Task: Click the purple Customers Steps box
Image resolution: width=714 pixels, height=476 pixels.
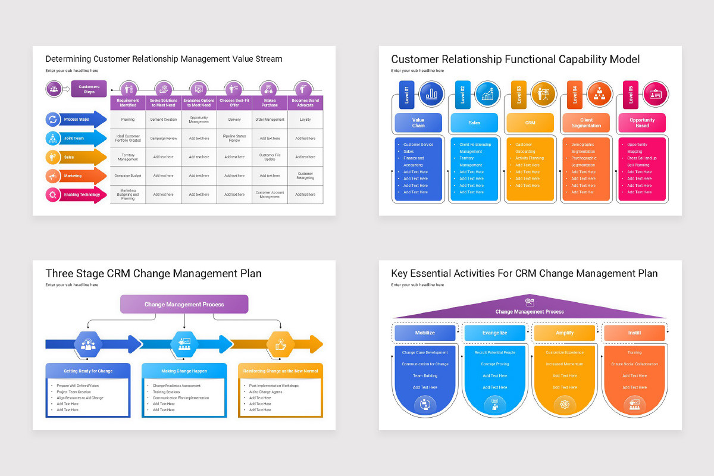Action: [89, 89]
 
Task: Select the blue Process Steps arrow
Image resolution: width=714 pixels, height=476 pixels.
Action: [77, 119]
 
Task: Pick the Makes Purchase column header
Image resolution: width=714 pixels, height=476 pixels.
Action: [270, 103]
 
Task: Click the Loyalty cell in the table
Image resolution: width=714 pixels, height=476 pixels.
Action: [305, 119]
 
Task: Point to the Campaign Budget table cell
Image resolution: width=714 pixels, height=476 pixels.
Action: [127, 176]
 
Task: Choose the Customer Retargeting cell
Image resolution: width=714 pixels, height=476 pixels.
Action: [305, 176]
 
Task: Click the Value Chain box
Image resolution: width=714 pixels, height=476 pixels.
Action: [418, 123]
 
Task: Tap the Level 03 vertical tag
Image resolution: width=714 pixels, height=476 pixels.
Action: [519, 95]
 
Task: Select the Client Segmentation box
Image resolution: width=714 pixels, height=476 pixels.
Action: [586, 123]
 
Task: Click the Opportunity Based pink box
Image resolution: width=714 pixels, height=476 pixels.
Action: [642, 123]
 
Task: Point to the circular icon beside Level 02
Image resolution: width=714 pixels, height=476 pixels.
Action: [487, 94]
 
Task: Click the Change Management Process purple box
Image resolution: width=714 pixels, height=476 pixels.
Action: [184, 304]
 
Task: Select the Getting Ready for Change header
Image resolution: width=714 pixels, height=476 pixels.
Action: [88, 371]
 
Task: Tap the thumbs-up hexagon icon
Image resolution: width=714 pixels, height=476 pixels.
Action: [280, 344]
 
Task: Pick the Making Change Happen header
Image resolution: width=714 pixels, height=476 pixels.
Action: [184, 371]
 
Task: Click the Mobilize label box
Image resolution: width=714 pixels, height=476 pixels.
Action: [425, 333]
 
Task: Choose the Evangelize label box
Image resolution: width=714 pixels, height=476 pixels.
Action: [494, 333]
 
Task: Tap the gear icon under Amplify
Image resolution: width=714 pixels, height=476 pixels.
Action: [565, 405]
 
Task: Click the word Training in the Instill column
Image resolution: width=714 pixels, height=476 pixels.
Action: [634, 352]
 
